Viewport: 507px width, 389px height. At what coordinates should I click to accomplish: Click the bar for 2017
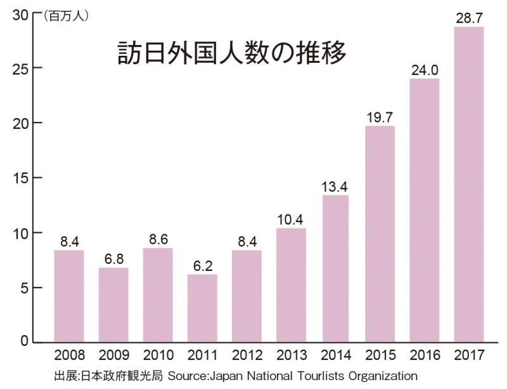click(469, 184)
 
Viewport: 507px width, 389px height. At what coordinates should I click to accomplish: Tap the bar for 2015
click(380, 234)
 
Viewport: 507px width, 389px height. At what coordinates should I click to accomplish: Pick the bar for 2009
click(113, 305)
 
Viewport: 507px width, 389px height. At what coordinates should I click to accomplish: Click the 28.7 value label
click(469, 18)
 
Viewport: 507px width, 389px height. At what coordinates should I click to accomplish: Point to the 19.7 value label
click(380, 117)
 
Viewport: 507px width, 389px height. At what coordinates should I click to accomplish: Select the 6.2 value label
click(203, 265)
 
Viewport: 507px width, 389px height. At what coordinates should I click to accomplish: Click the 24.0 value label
click(425, 70)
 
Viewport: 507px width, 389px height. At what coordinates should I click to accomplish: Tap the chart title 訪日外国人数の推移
click(232, 53)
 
